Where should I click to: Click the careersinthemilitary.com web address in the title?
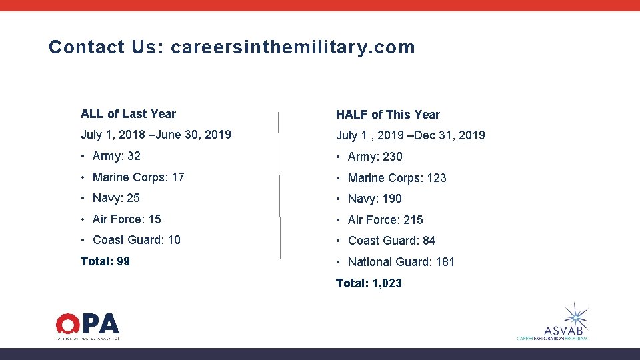pyautogui.click(x=293, y=47)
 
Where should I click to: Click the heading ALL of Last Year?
pyautogui.click(x=128, y=114)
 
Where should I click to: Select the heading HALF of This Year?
pyautogui.click(x=388, y=115)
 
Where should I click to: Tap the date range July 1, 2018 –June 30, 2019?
pyautogui.click(x=156, y=135)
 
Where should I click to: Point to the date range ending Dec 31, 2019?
pyautogui.click(x=411, y=135)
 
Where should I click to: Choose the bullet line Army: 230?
pyautogui.click(x=375, y=157)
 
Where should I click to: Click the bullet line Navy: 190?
pyautogui.click(x=375, y=199)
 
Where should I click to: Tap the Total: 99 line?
pyautogui.click(x=105, y=261)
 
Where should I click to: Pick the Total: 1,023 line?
pyautogui.click(x=369, y=283)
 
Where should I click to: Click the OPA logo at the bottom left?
pyautogui.click(x=87, y=326)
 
